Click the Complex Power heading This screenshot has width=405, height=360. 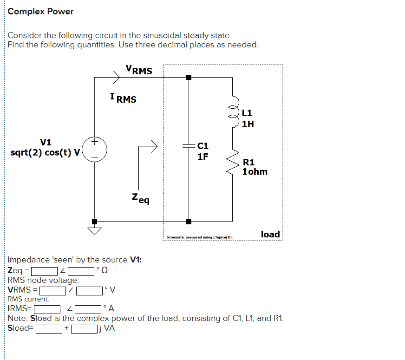[x=40, y=12]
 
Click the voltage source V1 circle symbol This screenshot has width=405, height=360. [x=95, y=149]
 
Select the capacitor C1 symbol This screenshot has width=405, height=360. [x=189, y=145]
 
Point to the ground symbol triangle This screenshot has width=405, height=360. [x=95, y=231]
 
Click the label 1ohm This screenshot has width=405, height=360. [x=255, y=171]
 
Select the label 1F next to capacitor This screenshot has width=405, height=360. [x=203, y=157]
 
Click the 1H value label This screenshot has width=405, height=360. [x=248, y=124]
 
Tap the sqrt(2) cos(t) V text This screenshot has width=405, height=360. [x=45, y=152]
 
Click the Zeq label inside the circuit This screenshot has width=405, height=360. [x=140, y=198]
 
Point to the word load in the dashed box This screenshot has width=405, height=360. [x=270, y=234]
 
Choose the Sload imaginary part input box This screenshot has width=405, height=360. [x=84, y=329]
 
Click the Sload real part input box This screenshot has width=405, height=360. [x=49, y=329]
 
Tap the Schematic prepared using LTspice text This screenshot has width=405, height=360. [x=199, y=237]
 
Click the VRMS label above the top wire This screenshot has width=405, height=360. [x=138, y=70]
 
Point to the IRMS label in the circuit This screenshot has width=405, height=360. [x=123, y=98]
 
